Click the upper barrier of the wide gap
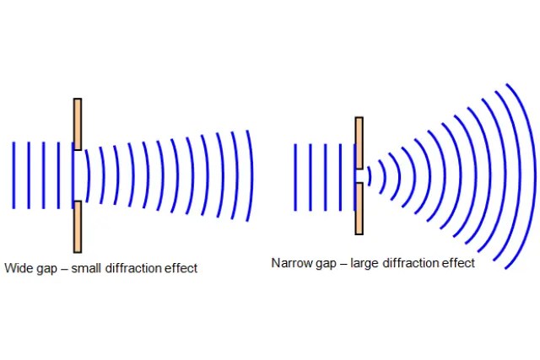click(78, 124)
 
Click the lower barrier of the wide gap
click(78, 226)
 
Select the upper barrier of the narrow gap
click(359, 142)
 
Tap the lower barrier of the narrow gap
click(359, 208)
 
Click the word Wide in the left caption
click(19, 268)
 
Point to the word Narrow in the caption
click(289, 263)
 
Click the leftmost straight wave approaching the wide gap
click(13, 175)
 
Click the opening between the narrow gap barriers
click(359, 175)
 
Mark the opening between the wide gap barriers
click(78, 175)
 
